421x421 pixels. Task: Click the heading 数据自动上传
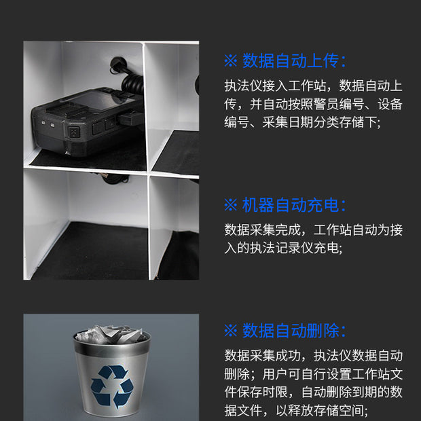293,60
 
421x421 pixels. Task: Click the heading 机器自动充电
293,204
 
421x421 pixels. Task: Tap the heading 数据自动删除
293,331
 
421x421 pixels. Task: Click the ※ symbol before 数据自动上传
230,60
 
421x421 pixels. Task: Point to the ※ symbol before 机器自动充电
230,204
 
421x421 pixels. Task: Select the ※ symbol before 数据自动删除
230,331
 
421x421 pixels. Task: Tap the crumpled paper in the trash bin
111,335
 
